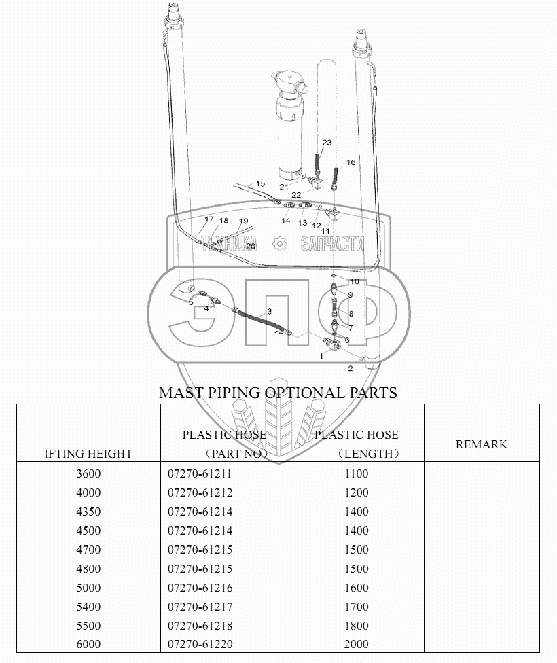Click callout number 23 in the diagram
327,143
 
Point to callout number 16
351,162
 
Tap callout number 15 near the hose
260,183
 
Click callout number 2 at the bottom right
350,369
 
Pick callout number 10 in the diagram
354,281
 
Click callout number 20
251,246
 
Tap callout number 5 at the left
191,302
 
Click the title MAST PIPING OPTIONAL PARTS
278,393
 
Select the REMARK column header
481,444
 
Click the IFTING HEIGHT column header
88,454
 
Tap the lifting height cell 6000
88,645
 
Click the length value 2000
357,645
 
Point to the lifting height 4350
88,512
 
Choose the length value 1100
357,473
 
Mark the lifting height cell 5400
88,607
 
